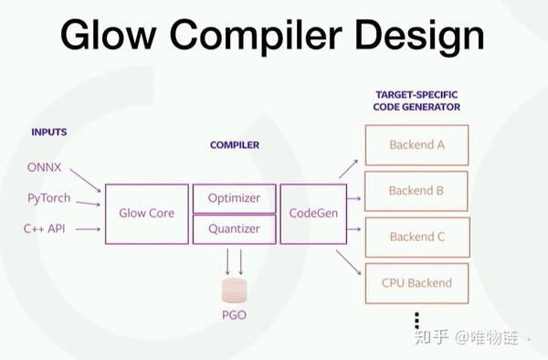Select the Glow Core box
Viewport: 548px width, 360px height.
146,214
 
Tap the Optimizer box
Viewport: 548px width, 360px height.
234,198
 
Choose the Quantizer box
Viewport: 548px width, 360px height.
234,229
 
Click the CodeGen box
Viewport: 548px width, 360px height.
313,214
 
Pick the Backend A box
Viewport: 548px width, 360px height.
416,144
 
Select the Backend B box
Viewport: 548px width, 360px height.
416,191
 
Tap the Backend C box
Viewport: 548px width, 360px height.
416,237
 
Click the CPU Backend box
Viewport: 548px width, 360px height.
416,282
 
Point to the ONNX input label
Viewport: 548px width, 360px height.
45,167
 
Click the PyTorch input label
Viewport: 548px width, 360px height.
48,197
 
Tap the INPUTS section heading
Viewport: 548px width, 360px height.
49,132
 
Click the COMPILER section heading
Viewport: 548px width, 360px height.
235,144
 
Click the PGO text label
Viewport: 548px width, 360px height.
235,316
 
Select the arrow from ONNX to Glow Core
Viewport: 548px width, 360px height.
84,178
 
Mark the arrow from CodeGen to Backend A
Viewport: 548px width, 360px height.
348,167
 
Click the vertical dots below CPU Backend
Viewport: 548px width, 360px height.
416,319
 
